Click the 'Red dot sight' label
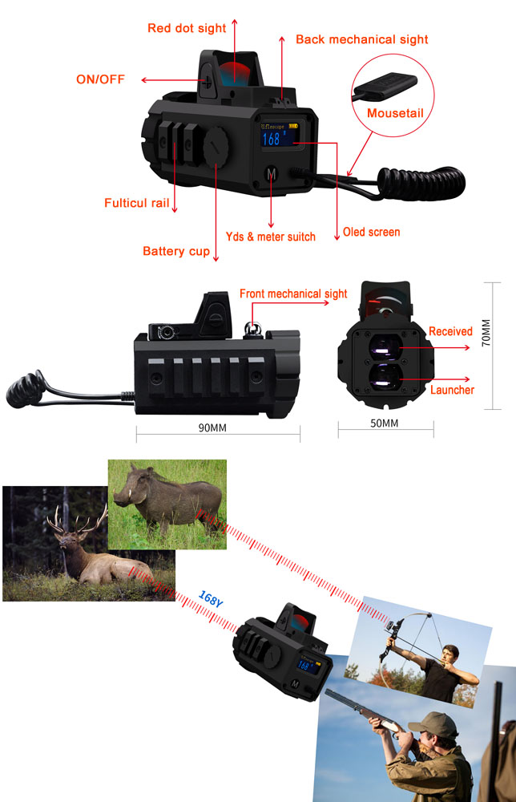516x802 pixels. (x=187, y=28)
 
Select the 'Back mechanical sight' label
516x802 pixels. (x=361, y=39)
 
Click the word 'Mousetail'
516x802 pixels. (x=394, y=113)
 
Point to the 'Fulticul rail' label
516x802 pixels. (x=137, y=203)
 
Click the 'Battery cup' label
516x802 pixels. (x=176, y=251)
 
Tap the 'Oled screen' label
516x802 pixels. (x=371, y=232)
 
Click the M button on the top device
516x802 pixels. (x=271, y=174)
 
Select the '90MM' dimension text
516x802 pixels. (x=212, y=427)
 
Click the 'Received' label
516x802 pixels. (x=450, y=331)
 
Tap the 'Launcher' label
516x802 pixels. (x=452, y=390)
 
